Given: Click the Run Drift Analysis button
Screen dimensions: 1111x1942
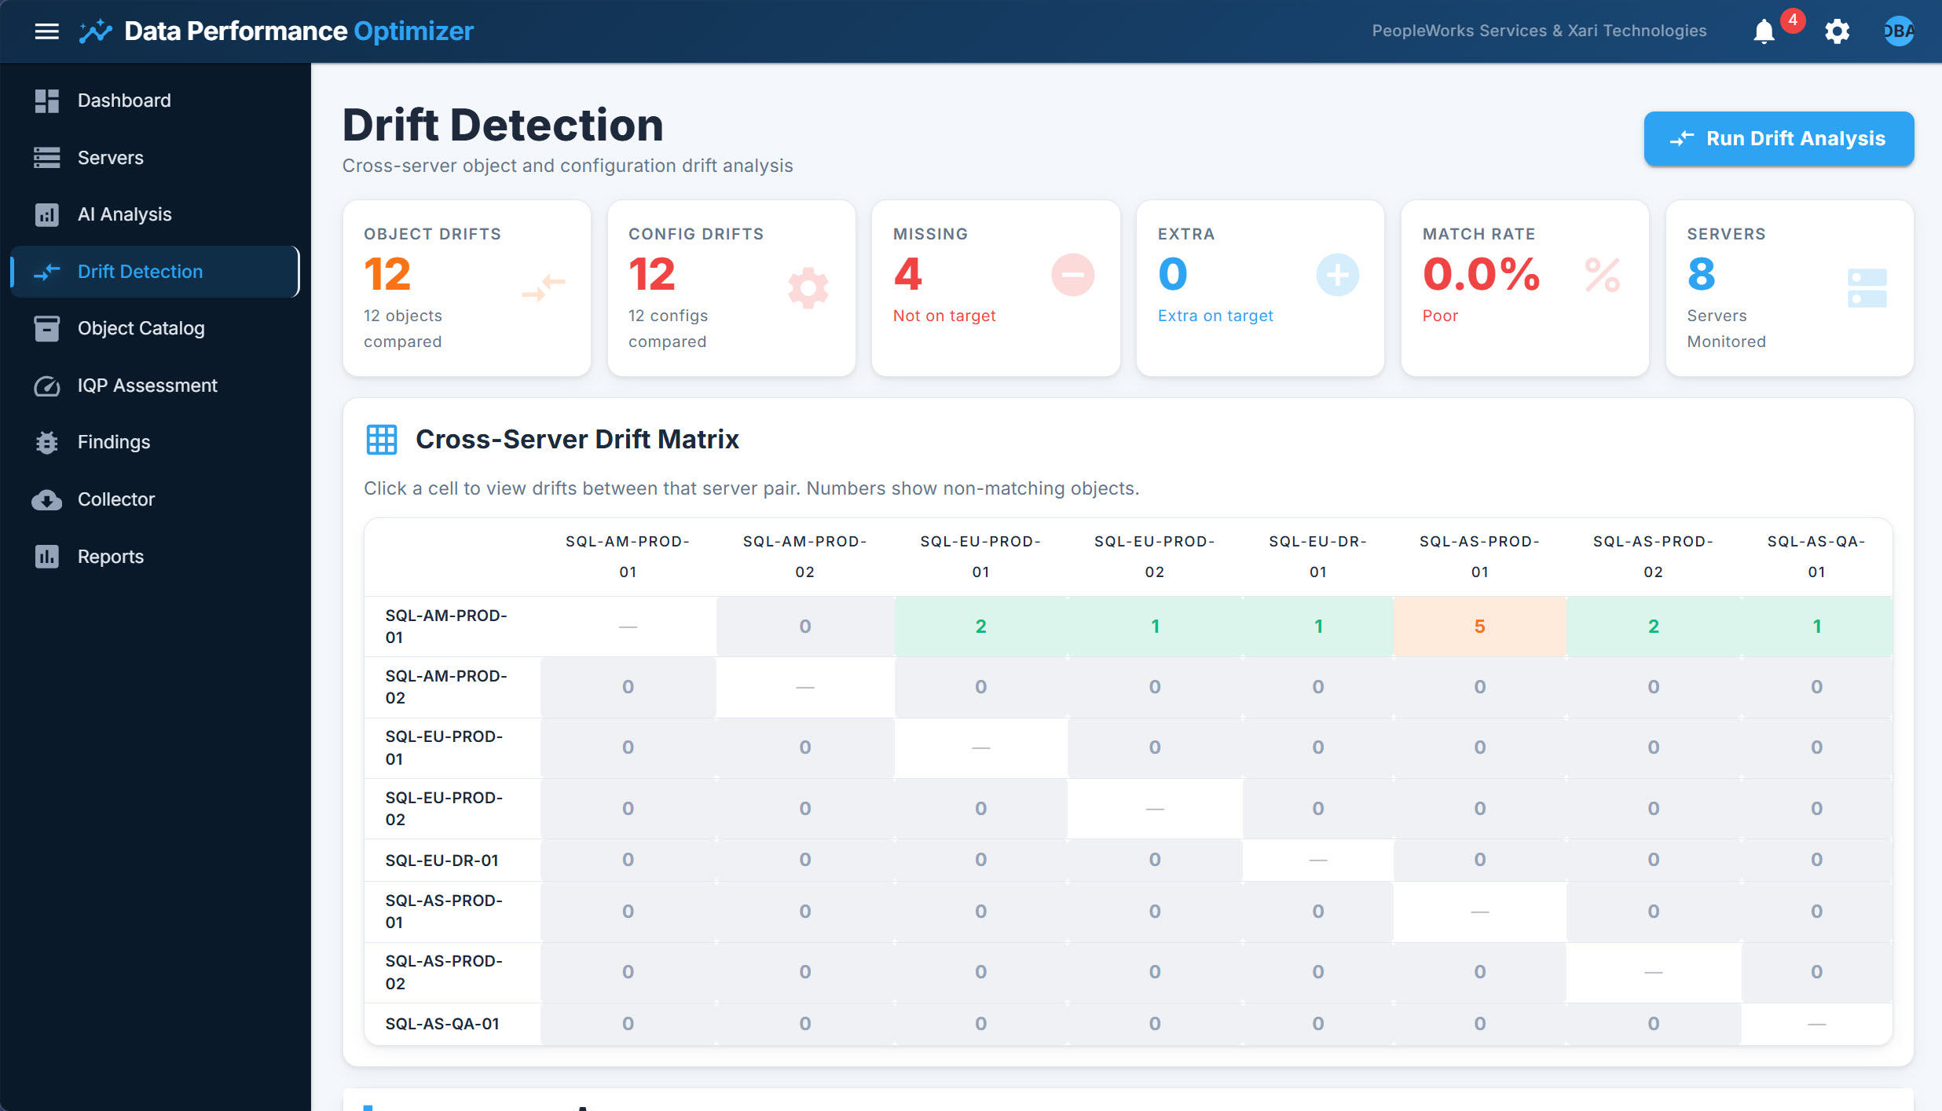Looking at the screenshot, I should (x=1779, y=139).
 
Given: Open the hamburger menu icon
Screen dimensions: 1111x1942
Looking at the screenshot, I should (x=47, y=31).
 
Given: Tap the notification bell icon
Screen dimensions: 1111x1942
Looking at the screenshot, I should (x=1764, y=31).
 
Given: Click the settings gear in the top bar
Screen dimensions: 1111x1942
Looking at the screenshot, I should (x=1837, y=31).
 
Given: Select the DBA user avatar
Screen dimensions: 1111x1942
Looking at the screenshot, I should (x=1898, y=31).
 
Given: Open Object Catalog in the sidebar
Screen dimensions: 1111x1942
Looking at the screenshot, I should (x=141, y=328).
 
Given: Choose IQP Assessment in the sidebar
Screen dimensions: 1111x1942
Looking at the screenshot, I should (x=147, y=386).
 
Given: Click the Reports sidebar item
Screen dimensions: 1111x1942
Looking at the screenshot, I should (x=110, y=557).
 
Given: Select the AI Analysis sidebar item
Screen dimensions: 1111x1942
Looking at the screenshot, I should (x=124, y=214).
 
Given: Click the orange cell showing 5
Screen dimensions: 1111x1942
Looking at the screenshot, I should (x=1479, y=627).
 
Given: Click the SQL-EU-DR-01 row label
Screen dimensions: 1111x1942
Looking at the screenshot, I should (x=442, y=861).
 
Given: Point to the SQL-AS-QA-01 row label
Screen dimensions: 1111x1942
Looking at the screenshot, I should (x=442, y=1024).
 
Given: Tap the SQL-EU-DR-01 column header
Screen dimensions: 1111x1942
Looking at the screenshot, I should (x=1317, y=556).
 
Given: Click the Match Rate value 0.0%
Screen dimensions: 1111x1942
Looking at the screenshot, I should (x=1481, y=275).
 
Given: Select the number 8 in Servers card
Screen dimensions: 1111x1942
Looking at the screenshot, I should (x=1702, y=275).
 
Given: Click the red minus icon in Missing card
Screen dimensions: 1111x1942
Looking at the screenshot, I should (x=1072, y=275).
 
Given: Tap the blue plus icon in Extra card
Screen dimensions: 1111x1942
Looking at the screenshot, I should (x=1337, y=275).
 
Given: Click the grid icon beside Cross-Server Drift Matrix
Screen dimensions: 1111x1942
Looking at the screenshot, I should (x=382, y=440).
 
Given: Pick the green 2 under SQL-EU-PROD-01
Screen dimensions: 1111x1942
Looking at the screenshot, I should (x=980, y=627).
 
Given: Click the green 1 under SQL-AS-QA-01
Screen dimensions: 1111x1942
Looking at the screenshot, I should (x=1816, y=627).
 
